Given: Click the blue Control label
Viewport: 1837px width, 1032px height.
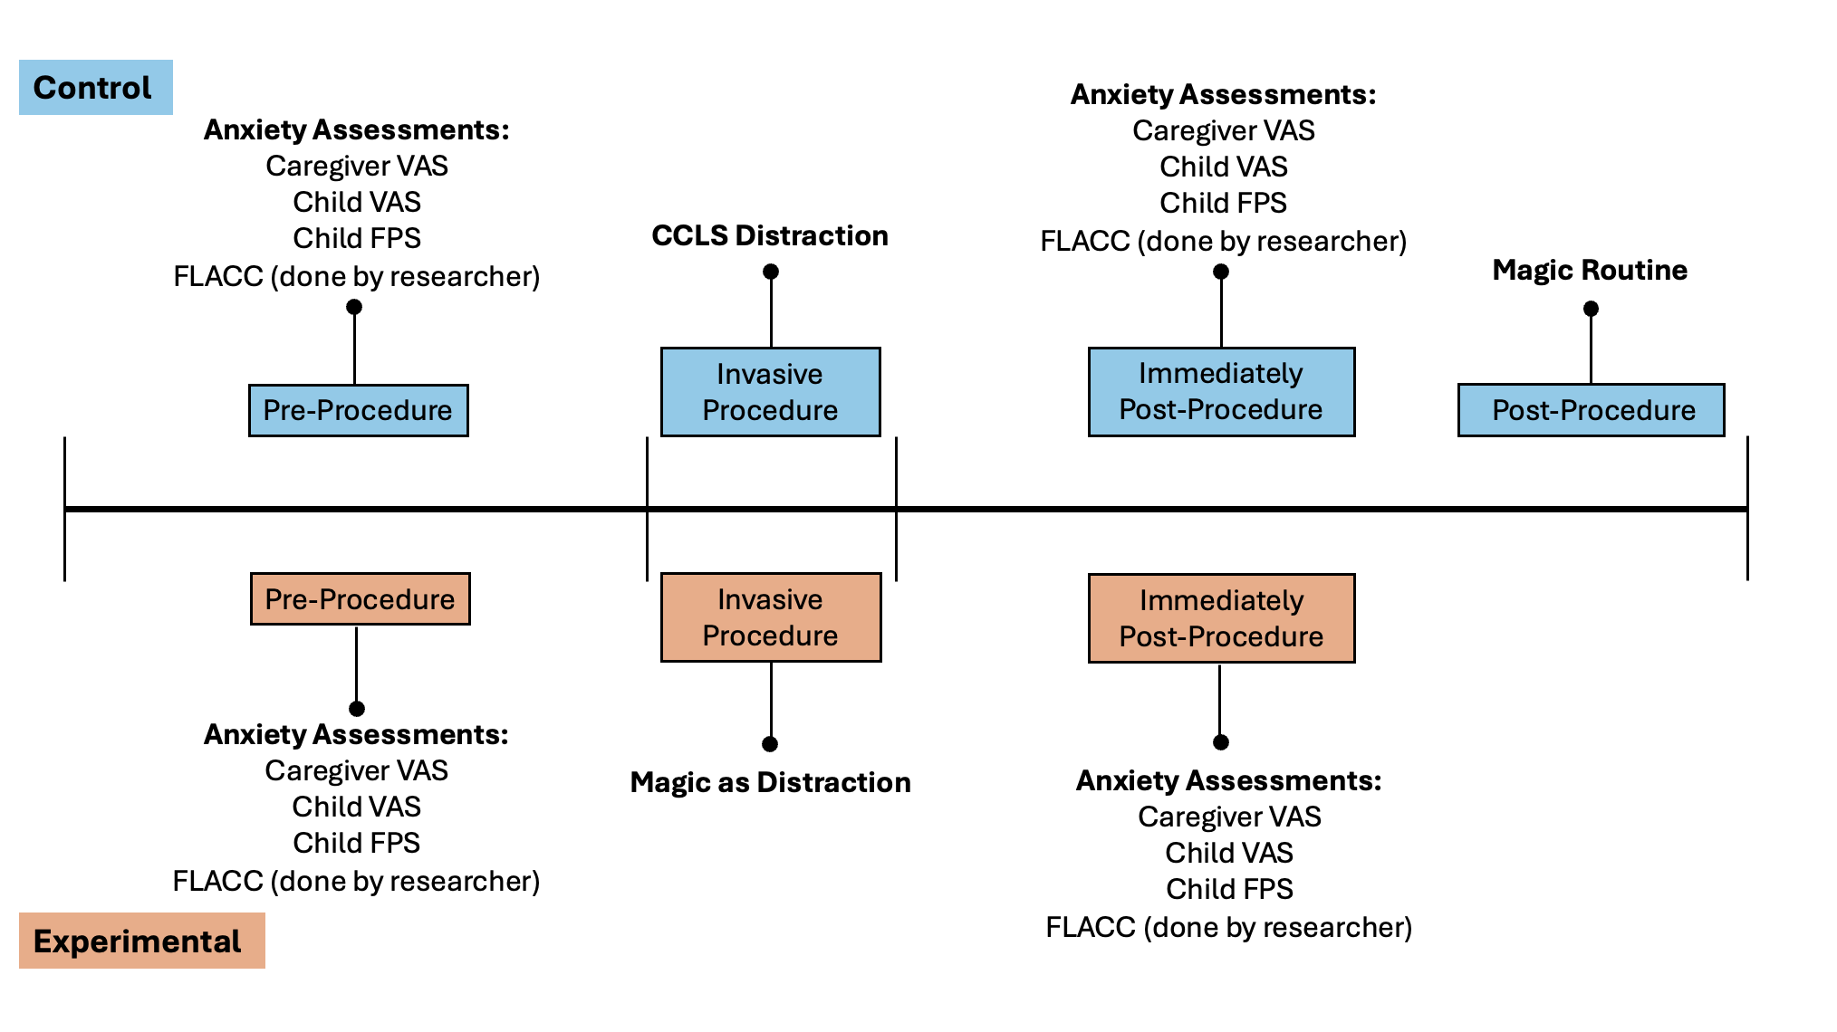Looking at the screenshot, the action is pyautogui.click(x=96, y=87).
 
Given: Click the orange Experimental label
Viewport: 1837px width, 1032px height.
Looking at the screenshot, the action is pyautogui.click(x=142, y=941).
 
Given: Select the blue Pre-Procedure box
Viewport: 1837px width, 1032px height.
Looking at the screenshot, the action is pyautogui.click(x=359, y=410).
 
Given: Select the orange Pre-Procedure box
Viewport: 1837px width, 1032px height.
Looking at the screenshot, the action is pyautogui.click(x=361, y=598).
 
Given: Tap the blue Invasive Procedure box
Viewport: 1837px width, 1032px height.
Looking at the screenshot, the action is pyautogui.click(x=771, y=392).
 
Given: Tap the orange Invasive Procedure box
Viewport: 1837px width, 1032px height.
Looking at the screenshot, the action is pyautogui.click(x=771, y=617).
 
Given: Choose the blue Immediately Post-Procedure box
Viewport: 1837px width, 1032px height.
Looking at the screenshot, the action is pyautogui.click(x=1222, y=392).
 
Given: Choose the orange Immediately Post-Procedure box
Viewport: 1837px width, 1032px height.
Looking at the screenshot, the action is pyautogui.click(x=1222, y=618).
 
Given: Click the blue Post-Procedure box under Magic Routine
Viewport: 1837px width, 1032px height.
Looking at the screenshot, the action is pyautogui.click(x=1592, y=410).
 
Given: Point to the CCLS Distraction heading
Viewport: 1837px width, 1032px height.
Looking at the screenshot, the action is pyautogui.click(x=770, y=235).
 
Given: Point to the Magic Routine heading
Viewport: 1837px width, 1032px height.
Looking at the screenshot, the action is pyautogui.click(x=1590, y=270).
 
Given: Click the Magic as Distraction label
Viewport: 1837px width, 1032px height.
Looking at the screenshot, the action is pyautogui.click(x=771, y=782).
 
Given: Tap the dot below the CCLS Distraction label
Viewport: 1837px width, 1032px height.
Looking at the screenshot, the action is pyautogui.click(x=771, y=272).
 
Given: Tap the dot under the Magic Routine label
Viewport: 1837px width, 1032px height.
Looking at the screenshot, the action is pyautogui.click(x=1591, y=309).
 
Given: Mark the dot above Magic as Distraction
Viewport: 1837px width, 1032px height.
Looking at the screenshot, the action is pyautogui.click(x=770, y=744).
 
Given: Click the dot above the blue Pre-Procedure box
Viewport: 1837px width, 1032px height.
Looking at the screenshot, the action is pyautogui.click(x=354, y=307).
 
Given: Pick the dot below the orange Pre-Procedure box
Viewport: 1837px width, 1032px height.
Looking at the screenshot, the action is pyautogui.click(x=357, y=709).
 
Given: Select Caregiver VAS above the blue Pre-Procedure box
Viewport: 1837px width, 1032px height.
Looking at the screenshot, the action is pyautogui.click(x=357, y=166).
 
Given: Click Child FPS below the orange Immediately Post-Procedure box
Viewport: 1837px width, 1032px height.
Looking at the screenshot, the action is pyautogui.click(x=1229, y=889).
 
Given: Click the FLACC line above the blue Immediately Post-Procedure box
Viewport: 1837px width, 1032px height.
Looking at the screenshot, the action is pyautogui.click(x=1223, y=241).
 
